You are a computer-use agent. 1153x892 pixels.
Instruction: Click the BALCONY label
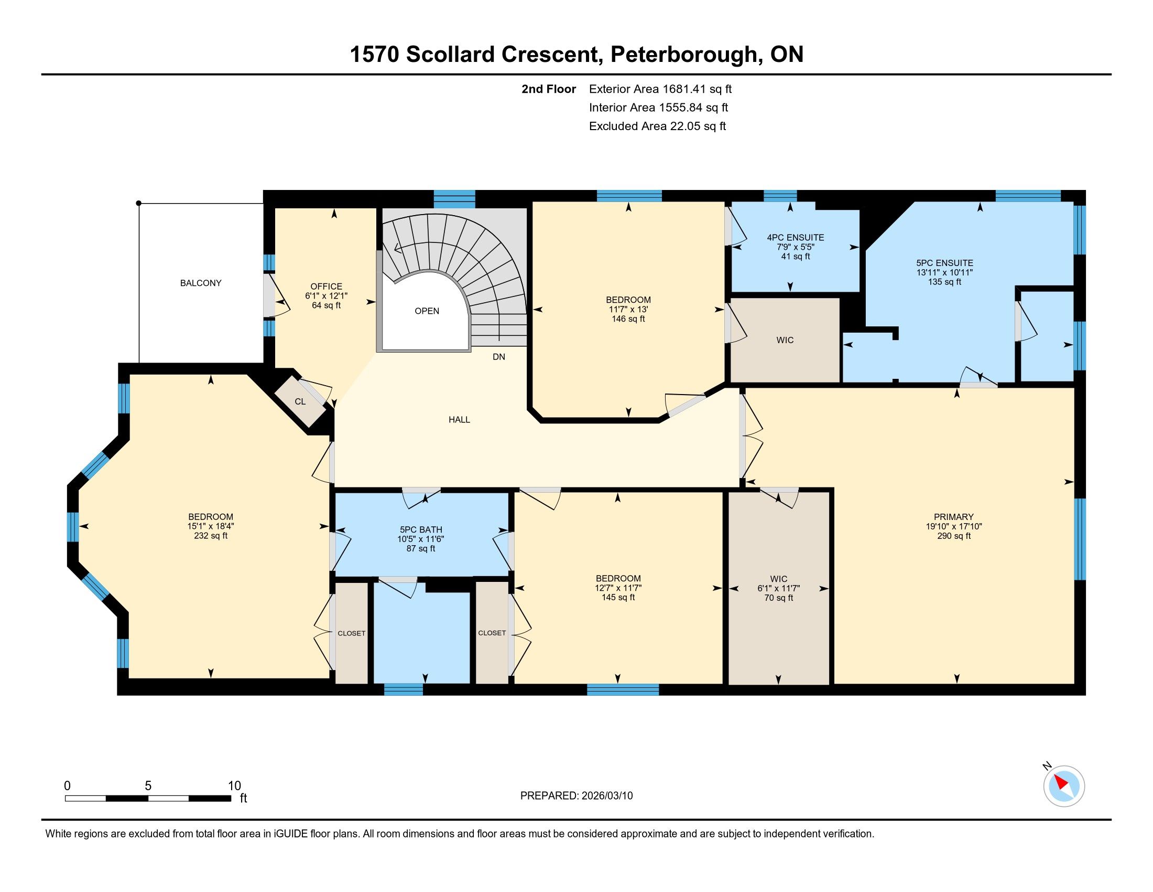coord(201,283)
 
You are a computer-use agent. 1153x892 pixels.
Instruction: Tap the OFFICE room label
coord(327,286)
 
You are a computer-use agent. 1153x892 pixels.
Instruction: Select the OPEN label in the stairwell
coord(427,311)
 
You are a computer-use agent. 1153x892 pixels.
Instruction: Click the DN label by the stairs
coord(499,357)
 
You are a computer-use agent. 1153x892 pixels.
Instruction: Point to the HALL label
coord(459,420)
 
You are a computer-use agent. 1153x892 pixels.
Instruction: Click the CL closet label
coord(300,401)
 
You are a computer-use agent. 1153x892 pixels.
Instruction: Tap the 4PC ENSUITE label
coord(796,238)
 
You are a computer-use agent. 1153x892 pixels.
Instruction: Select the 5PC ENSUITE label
coord(944,263)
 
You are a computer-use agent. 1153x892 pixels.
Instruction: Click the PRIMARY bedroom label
coord(953,517)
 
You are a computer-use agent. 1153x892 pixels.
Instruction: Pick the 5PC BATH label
coord(421,529)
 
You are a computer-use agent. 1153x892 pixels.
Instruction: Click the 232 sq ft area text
coord(211,536)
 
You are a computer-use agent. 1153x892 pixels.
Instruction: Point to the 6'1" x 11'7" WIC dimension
coord(779,588)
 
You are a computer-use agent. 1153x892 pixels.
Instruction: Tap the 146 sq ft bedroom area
coord(628,319)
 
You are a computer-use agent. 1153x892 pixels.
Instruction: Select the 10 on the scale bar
coord(234,786)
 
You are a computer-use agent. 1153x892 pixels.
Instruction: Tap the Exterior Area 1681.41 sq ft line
coord(660,89)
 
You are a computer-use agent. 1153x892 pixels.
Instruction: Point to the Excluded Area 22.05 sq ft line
coord(658,126)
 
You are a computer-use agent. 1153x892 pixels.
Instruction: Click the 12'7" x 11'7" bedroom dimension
coord(618,588)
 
